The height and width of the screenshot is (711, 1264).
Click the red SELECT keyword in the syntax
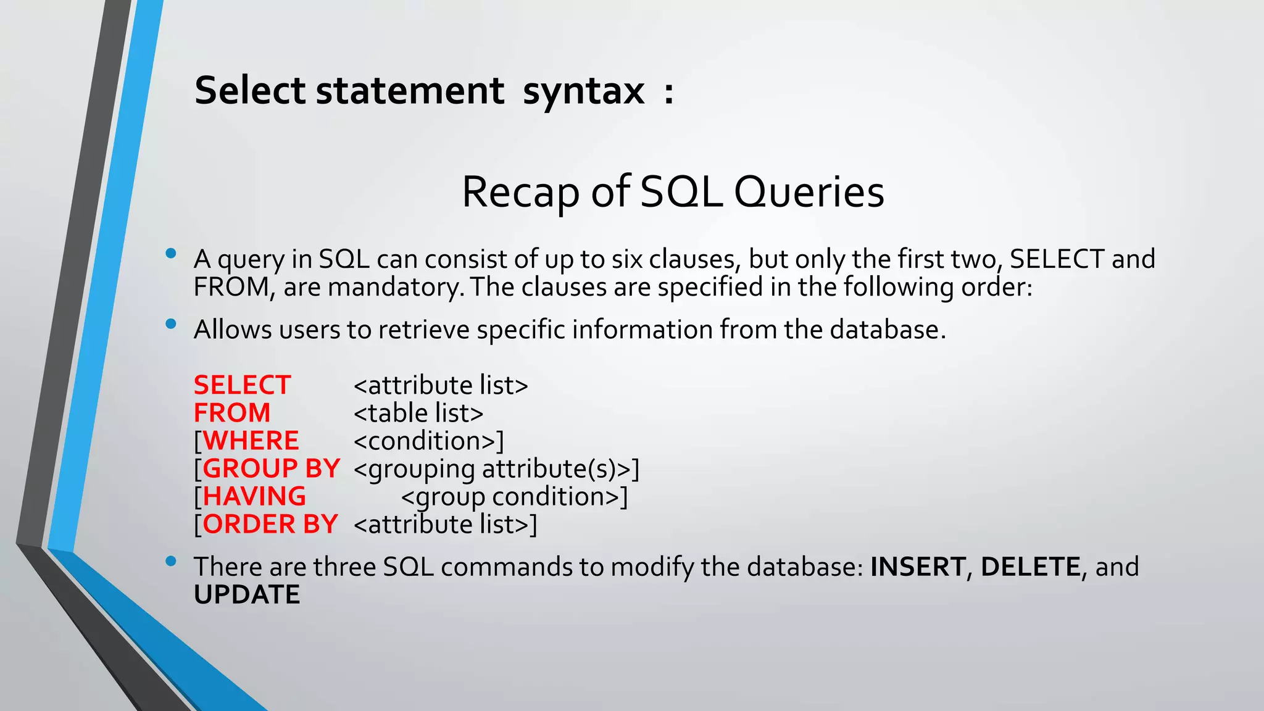242,386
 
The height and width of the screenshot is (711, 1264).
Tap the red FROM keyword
232,414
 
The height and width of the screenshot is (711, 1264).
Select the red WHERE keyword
251,441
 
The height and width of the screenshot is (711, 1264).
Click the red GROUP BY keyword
271,469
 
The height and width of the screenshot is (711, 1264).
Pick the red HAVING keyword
254,497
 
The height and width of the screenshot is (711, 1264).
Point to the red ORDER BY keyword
270,525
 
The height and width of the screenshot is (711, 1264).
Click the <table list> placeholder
418,414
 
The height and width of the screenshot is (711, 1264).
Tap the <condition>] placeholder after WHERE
429,441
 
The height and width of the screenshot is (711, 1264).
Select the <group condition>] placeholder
514,497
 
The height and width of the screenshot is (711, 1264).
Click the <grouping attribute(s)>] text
496,469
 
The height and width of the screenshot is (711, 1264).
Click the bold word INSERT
918,567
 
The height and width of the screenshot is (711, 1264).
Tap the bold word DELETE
1030,567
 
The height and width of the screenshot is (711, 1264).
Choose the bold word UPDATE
247,595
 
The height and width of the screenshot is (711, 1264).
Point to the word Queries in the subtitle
809,193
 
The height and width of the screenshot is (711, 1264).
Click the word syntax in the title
583,91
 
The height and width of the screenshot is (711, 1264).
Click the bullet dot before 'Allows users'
171,323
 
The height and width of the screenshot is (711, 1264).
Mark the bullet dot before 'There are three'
171,560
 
